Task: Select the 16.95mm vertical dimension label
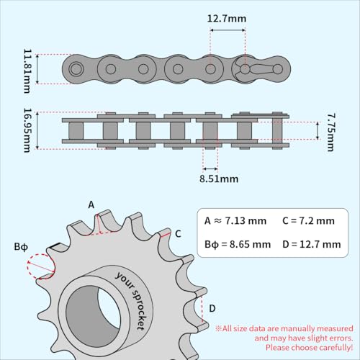pos(27,130)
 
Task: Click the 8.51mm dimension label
pos(219,178)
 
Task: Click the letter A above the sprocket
pos(91,204)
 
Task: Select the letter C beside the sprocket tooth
pos(178,233)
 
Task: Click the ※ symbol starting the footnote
pos(218,328)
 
